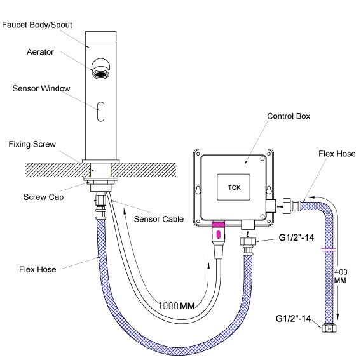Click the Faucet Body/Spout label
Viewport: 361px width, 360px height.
[37, 25]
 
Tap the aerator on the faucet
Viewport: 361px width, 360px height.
[100, 69]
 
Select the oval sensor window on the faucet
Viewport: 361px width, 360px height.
[100, 112]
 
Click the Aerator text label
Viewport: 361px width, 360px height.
[40, 52]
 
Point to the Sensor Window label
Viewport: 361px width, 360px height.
[41, 88]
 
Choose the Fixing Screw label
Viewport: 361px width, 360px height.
[32, 144]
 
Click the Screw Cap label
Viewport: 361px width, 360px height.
[43, 197]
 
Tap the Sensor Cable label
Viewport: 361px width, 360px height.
[159, 219]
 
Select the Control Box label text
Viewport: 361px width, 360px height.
[289, 116]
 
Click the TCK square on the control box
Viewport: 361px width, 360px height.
[233, 187]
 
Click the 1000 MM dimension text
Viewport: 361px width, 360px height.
[177, 305]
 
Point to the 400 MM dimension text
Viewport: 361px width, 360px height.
[341, 276]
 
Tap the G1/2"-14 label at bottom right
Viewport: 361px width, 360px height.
[293, 319]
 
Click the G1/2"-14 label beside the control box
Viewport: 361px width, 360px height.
[296, 237]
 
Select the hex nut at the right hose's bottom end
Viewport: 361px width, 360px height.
[329, 328]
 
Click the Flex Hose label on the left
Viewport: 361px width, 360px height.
[37, 269]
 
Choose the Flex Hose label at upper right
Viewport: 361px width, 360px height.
[337, 154]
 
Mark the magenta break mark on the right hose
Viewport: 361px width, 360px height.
[329, 250]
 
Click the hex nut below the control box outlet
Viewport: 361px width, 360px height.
[248, 241]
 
